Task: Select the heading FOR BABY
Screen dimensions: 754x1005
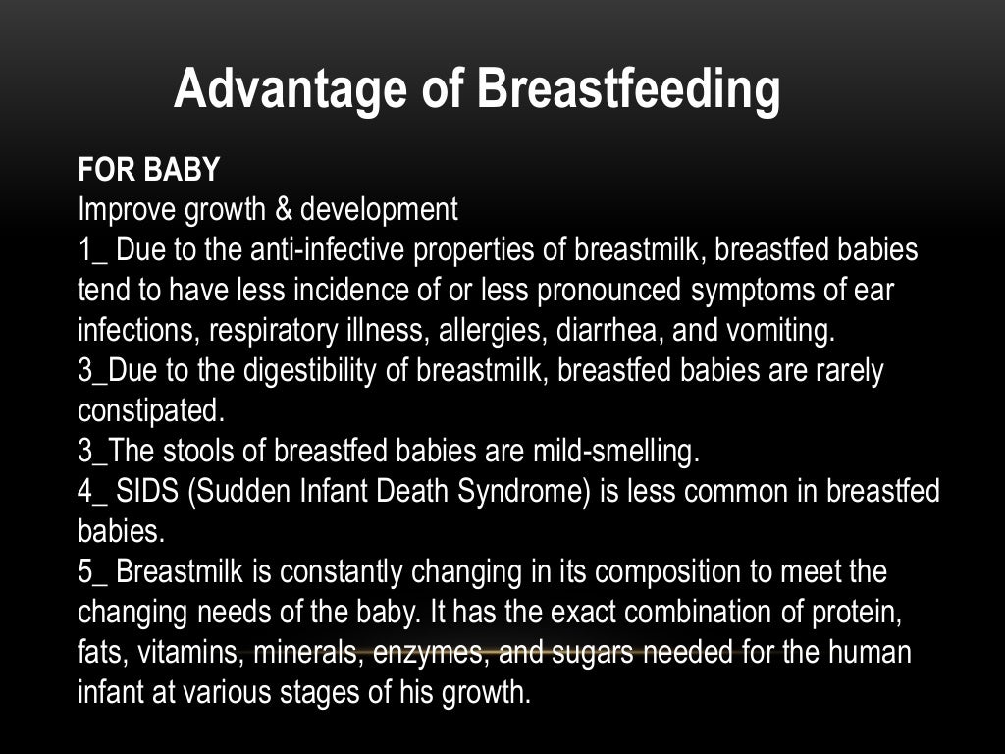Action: click(149, 170)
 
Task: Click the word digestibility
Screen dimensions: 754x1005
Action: click(335, 371)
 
